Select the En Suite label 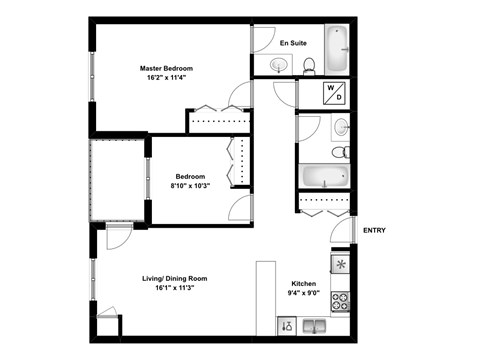[x=293, y=44]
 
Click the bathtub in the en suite [x=338, y=47]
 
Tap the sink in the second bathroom [x=341, y=126]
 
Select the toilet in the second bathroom [x=341, y=151]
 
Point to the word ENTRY [x=374, y=231]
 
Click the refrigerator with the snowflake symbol [x=341, y=265]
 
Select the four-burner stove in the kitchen [x=341, y=298]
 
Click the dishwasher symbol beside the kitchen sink [x=286, y=325]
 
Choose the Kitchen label [x=304, y=282]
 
